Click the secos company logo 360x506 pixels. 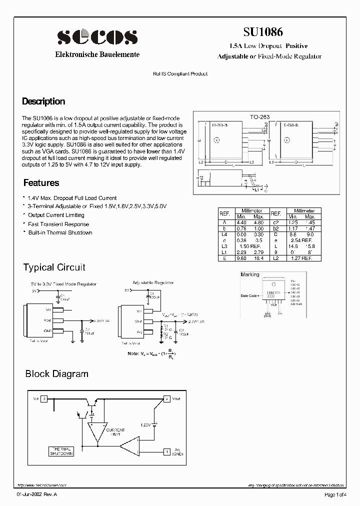click(97, 36)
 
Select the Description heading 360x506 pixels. click(43, 101)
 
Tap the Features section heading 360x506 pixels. click(41, 183)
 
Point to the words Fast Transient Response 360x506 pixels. click(58, 224)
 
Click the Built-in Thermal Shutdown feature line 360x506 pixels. click(60, 232)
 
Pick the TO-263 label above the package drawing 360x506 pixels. click(259, 117)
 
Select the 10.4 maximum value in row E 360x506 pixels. click(258, 258)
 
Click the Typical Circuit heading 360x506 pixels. click(54, 267)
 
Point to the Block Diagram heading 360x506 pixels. click(56, 374)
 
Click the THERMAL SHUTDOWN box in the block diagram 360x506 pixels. click(61, 451)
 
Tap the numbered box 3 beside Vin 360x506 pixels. click(44, 398)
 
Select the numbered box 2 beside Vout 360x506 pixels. click(166, 399)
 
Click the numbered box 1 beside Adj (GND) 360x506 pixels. click(166, 452)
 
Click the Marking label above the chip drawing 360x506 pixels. click(250, 274)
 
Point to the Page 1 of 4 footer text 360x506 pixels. click(335, 494)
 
